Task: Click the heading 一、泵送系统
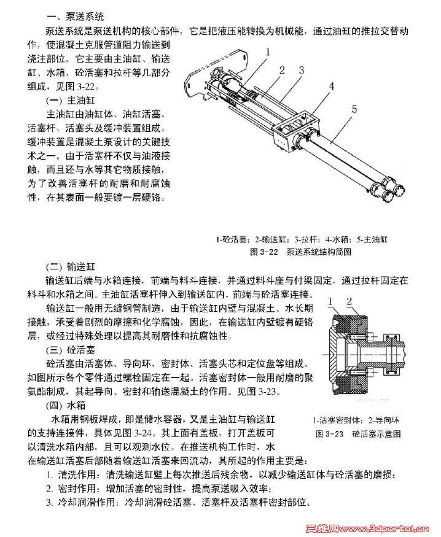(x=76, y=17)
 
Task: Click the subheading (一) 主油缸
(x=70, y=101)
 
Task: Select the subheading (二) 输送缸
(x=70, y=267)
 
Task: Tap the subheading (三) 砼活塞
(x=70, y=350)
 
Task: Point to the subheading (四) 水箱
(x=66, y=406)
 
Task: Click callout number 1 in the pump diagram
(x=268, y=52)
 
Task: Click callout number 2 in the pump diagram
(x=282, y=70)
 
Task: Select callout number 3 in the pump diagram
(x=302, y=70)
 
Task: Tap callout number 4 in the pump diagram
(x=331, y=87)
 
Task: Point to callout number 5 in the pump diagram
(x=354, y=109)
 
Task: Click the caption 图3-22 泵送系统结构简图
(x=301, y=252)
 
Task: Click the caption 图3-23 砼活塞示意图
(x=358, y=434)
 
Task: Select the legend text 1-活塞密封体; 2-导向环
(x=356, y=420)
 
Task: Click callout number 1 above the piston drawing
(x=330, y=302)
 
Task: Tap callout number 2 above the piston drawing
(x=349, y=302)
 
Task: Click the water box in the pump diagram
(x=295, y=132)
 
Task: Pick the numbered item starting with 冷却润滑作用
(x=179, y=503)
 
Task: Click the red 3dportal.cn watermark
(x=367, y=529)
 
